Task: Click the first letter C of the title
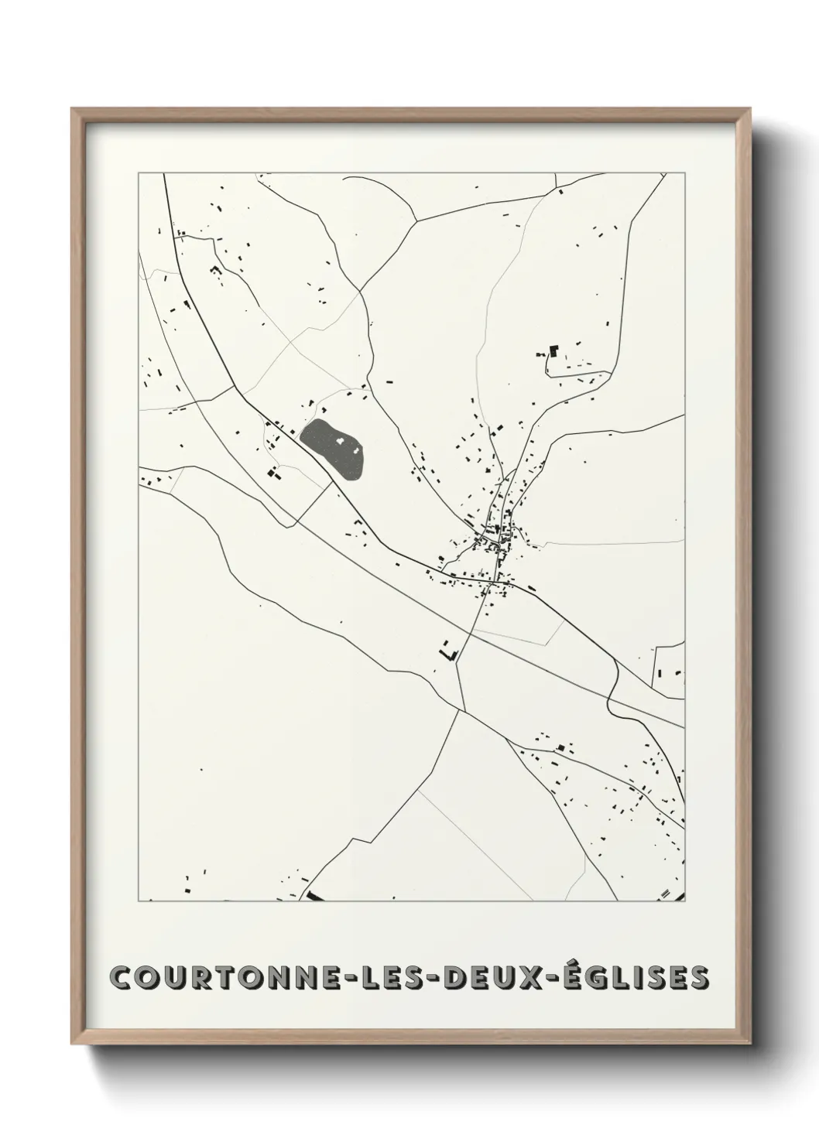(x=122, y=977)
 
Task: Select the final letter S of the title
(x=697, y=977)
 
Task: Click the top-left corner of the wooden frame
(x=73, y=109)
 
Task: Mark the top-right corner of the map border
(x=684, y=173)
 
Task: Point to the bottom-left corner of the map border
(x=139, y=901)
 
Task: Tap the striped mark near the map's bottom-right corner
(x=664, y=894)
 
